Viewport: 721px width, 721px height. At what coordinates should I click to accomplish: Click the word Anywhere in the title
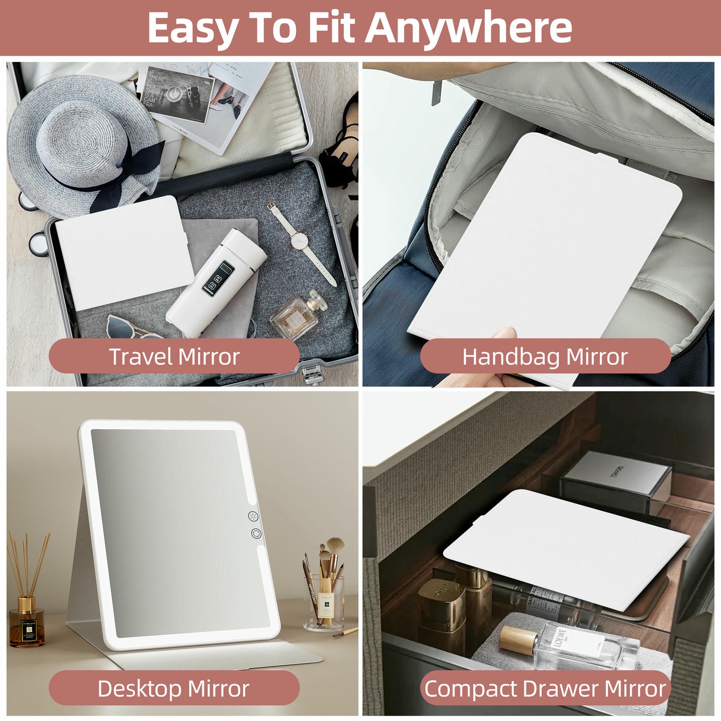pyautogui.click(x=469, y=27)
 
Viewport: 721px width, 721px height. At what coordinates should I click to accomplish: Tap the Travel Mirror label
pyautogui.click(x=174, y=357)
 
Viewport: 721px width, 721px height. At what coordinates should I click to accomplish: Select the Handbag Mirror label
pyautogui.click(x=545, y=357)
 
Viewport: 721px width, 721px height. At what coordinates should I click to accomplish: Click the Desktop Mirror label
pyautogui.click(x=174, y=688)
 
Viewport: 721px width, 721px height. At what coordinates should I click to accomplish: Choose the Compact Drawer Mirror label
pyautogui.click(x=545, y=688)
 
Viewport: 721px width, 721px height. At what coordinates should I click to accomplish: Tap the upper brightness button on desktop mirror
pyautogui.click(x=253, y=516)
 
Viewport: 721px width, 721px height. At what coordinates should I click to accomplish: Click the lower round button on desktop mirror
pyautogui.click(x=255, y=534)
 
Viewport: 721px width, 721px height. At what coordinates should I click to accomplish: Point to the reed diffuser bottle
pyautogui.click(x=27, y=622)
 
